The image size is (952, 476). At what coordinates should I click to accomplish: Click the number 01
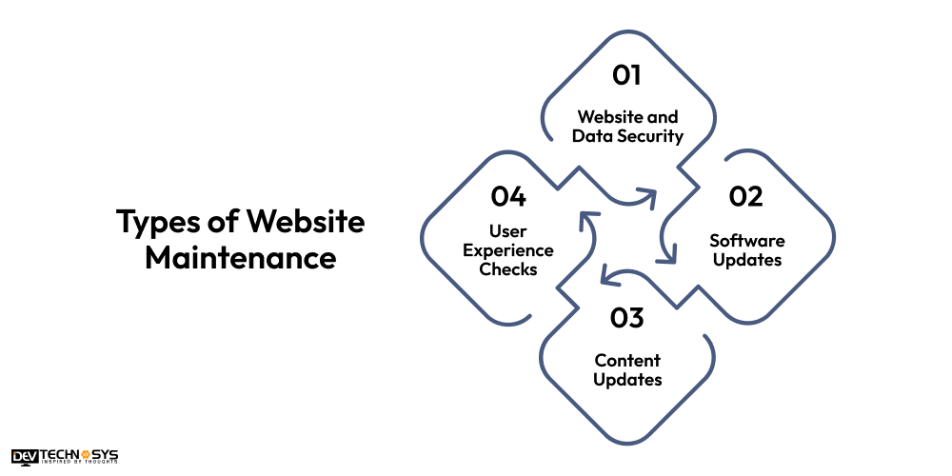pyautogui.click(x=626, y=74)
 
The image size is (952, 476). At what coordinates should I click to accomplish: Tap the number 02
pyautogui.click(x=746, y=197)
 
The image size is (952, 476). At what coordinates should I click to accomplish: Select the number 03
pyautogui.click(x=627, y=318)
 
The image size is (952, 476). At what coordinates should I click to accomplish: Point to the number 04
pyautogui.click(x=508, y=197)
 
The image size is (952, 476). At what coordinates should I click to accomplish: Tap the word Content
pyautogui.click(x=627, y=361)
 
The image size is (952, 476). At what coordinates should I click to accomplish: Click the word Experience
pyautogui.click(x=509, y=250)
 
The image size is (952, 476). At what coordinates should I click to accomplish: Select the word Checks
pyautogui.click(x=509, y=269)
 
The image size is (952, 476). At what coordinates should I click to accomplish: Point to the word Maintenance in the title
pyautogui.click(x=241, y=257)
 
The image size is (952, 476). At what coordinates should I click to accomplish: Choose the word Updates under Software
pyautogui.click(x=747, y=260)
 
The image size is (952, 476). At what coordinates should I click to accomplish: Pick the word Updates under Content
pyautogui.click(x=627, y=380)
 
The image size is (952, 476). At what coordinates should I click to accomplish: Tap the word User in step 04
pyautogui.click(x=509, y=231)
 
